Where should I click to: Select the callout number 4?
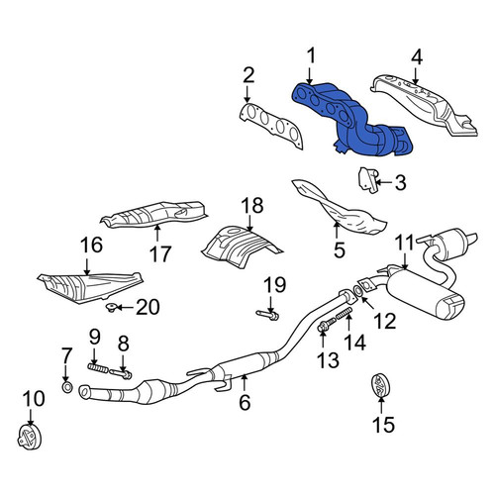click(x=417, y=57)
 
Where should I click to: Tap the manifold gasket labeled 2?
click(x=271, y=124)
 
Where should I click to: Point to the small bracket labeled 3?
click(x=368, y=180)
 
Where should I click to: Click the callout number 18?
click(x=252, y=206)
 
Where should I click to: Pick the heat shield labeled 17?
click(x=155, y=215)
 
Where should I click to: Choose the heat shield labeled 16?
click(x=90, y=288)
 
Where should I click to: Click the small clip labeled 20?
click(x=111, y=308)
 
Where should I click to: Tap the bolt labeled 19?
click(x=267, y=315)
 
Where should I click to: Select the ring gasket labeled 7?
click(x=67, y=387)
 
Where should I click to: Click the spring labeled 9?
click(x=97, y=368)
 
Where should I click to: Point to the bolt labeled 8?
click(x=121, y=373)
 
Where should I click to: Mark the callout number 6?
click(x=245, y=402)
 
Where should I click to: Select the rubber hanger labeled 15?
click(x=380, y=385)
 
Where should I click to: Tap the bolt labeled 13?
click(x=327, y=325)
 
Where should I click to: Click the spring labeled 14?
click(x=345, y=313)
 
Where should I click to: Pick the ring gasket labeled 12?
click(x=357, y=291)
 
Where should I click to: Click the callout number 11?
click(x=405, y=243)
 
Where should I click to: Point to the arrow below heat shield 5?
click(x=337, y=231)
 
